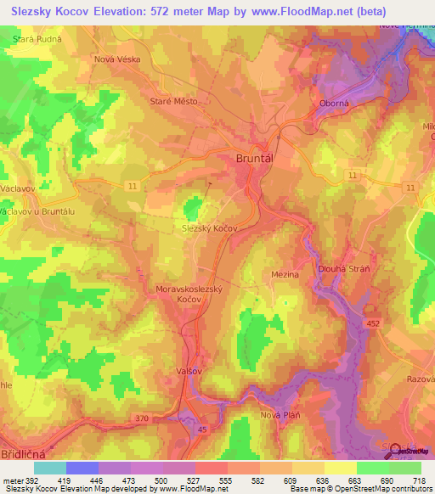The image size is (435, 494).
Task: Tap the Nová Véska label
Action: point(116,60)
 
